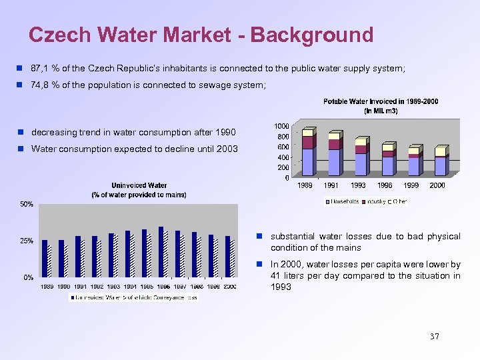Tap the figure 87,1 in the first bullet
pyautogui.click(x=41, y=69)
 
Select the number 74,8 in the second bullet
pyautogui.click(x=41, y=85)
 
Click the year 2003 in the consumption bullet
pyautogui.click(x=226, y=149)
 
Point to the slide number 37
pyautogui.click(x=435, y=337)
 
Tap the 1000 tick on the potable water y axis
pyautogui.click(x=281, y=126)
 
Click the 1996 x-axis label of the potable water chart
pyautogui.click(x=385, y=185)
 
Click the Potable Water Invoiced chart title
pyautogui.click(x=381, y=106)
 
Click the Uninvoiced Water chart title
pyautogui.click(x=139, y=189)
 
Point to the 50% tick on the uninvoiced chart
pyautogui.click(x=25, y=205)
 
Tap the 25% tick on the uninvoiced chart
pyautogui.click(x=25, y=241)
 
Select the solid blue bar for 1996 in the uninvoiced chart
pyautogui.click(x=161, y=251)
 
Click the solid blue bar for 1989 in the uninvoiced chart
pyautogui.click(x=45, y=258)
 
